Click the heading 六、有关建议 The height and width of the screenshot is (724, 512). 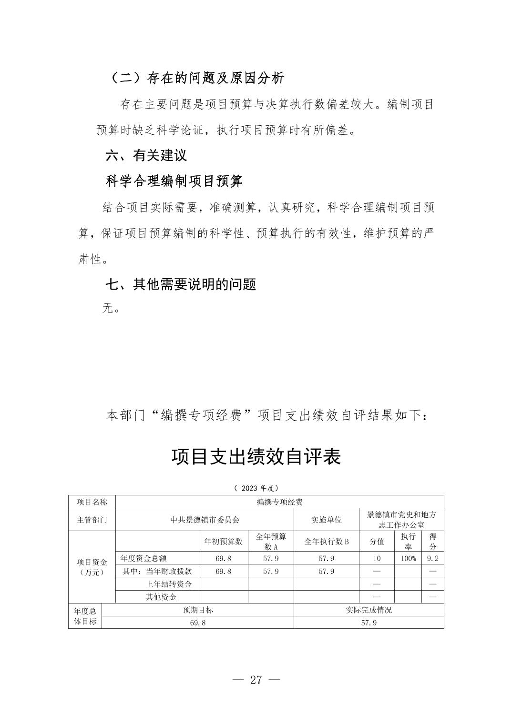pyautogui.click(x=146, y=155)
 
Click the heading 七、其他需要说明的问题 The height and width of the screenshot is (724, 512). pyautogui.click(x=181, y=284)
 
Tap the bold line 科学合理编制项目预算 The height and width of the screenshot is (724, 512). pyautogui.click(x=174, y=181)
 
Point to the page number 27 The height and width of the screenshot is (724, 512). pyautogui.click(x=256, y=680)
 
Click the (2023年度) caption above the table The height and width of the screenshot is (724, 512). pyautogui.click(x=256, y=488)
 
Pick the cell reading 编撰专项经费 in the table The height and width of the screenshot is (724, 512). pyautogui.click(x=279, y=502)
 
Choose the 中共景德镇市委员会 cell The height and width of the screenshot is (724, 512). pyautogui.click(x=205, y=520)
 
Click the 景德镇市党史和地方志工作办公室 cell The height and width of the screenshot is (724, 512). pyautogui.click(x=401, y=520)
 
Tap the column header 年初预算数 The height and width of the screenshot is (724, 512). pyautogui.click(x=224, y=542)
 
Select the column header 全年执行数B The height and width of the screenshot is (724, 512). pyautogui.click(x=326, y=542)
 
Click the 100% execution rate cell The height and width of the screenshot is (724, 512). pyautogui.click(x=408, y=558)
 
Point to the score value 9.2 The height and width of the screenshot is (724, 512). pyautogui.click(x=433, y=558)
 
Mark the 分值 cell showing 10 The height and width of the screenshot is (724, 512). pyautogui.click(x=377, y=558)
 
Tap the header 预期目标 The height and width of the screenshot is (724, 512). pyautogui.click(x=198, y=610)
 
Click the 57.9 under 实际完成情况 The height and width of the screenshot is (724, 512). pyautogui.click(x=369, y=623)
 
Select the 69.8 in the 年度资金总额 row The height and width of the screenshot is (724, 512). pyautogui.click(x=224, y=558)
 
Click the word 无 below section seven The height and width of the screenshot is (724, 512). pyautogui.click(x=108, y=308)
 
